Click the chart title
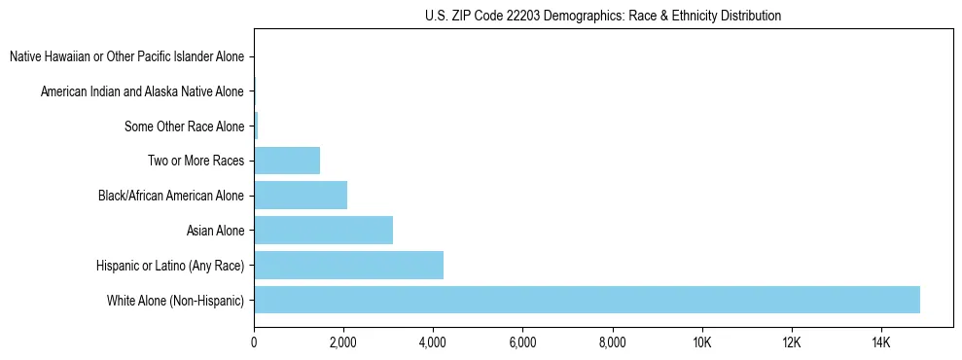(603, 16)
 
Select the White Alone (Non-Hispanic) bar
(587, 300)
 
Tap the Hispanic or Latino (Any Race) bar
(348, 265)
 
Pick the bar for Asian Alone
(323, 231)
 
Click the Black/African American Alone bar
(301, 196)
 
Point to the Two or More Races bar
(287, 161)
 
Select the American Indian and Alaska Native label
(142, 91)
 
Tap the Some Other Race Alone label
(184, 126)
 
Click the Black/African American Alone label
(171, 196)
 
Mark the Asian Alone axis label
(215, 231)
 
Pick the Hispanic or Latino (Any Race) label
(170, 265)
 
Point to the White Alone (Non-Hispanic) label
(176, 300)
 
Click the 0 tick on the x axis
(254, 342)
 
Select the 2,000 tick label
(343, 342)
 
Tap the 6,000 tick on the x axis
(522, 342)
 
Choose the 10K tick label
(702, 342)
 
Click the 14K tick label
(881, 342)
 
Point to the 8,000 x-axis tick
(612, 342)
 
